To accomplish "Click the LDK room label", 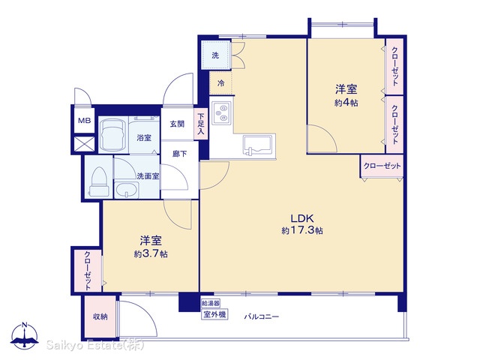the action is pos(301,218).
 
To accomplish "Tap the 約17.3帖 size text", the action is pos(301,230).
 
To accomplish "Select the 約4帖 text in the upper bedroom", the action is pos(346,103).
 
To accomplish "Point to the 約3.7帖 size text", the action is pos(151,253).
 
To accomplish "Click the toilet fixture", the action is pos(99,181).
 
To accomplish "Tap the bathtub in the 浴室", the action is pos(112,135).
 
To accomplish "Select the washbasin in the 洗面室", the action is pos(127,190).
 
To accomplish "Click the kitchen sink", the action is pos(258,145).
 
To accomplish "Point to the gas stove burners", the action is pos(221,112).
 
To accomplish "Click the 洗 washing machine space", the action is pos(215,55).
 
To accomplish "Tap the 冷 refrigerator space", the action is pos(220,82).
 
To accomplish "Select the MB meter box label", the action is pos(84,121).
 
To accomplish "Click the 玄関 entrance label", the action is pos(177,124).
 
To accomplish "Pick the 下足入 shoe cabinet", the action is pos(200,124).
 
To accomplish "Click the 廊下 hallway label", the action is pos(179,153).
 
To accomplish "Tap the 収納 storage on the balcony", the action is pos(100,316).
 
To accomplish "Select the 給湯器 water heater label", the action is pos(211,303).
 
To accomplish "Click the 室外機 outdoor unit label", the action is pos(214,314).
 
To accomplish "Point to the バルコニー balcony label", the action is pos(262,316).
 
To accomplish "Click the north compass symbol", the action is pos(25,335).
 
